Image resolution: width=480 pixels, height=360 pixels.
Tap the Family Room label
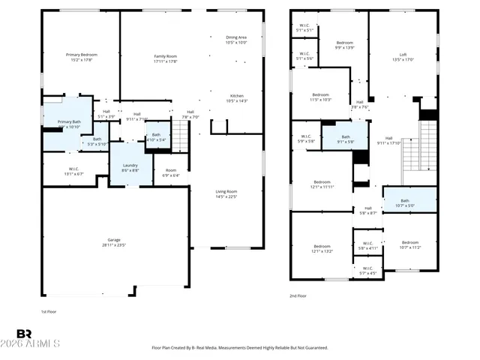point(165,58)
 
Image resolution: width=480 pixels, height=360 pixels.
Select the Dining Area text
point(236,40)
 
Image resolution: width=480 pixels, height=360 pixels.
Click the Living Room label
point(226,194)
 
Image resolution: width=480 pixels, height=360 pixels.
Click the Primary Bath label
point(69,124)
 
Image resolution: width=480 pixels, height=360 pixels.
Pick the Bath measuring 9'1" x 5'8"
point(346,139)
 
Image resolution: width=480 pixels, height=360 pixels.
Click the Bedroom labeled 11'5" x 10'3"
point(320,97)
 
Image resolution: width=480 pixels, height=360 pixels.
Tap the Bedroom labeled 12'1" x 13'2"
point(322,249)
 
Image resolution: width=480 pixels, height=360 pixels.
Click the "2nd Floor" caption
point(298,295)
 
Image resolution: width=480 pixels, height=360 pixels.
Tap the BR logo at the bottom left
point(24,334)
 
